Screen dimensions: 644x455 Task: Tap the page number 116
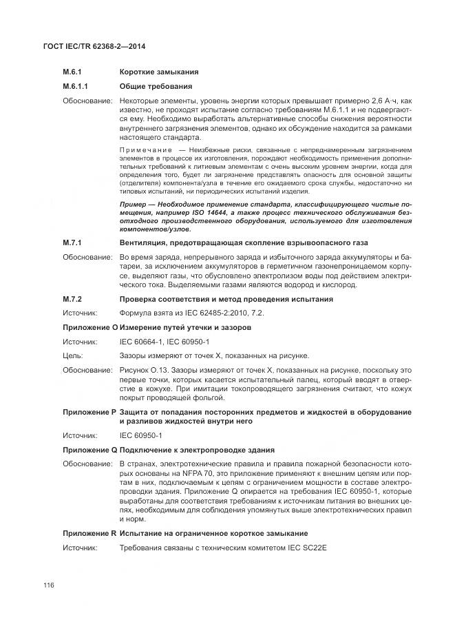[x=48, y=585]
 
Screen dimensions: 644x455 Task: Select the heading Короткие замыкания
[x=159, y=72]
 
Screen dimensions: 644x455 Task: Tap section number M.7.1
[x=72, y=243]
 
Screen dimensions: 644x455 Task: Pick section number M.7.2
[x=72, y=299]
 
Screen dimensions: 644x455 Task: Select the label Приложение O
[x=89, y=327]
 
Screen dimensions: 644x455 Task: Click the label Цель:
[x=73, y=356]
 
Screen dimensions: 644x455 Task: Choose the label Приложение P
[x=89, y=412]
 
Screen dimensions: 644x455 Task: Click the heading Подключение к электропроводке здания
[x=198, y=449]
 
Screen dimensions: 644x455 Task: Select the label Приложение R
[x=89, y=534]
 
